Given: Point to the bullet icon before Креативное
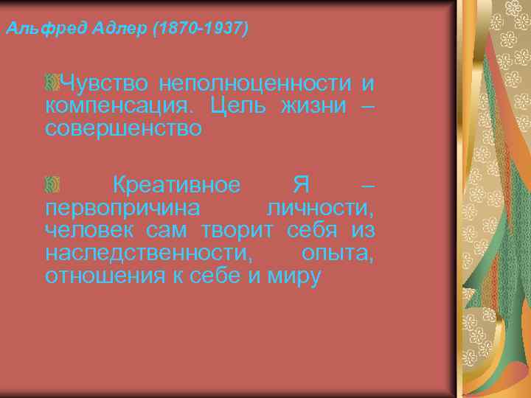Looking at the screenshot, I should (x=52, y=182).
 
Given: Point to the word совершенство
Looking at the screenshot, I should (x=123, y=130).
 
